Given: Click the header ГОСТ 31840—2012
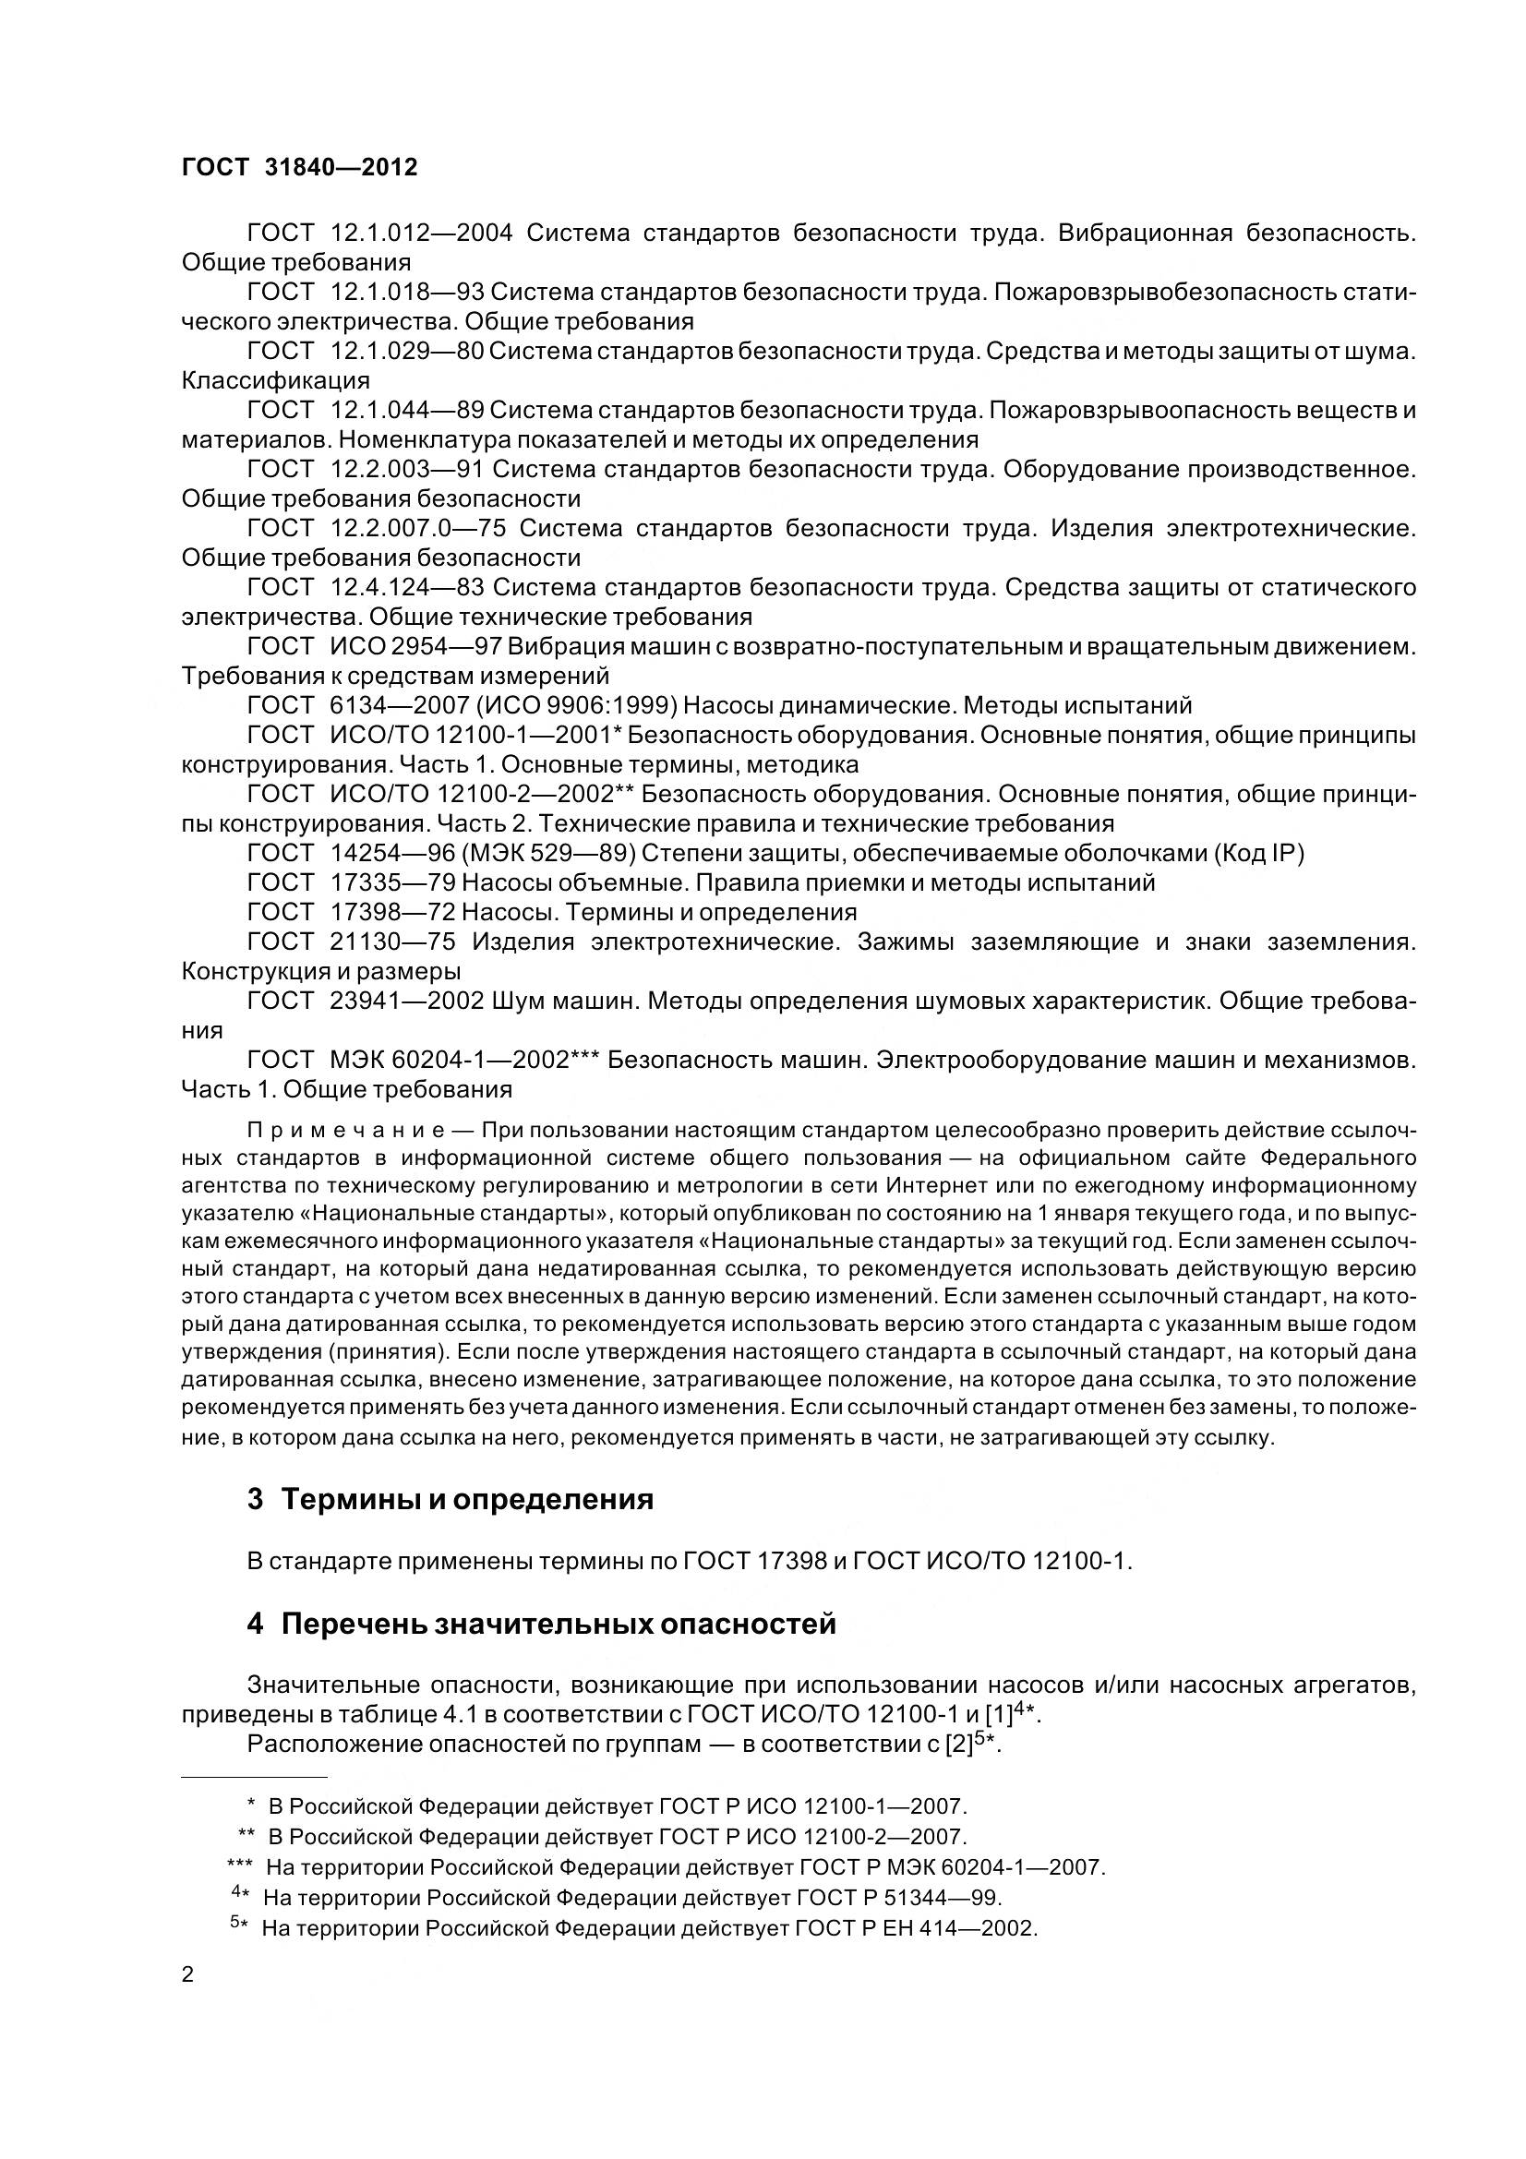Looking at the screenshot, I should coord(299,167).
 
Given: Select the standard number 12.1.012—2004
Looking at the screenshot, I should coord(421,233).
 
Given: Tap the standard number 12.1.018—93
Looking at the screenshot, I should coord(406,293).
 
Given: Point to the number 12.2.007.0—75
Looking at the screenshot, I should coord(418,529).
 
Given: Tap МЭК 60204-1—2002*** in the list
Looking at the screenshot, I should coord(463,1060).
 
